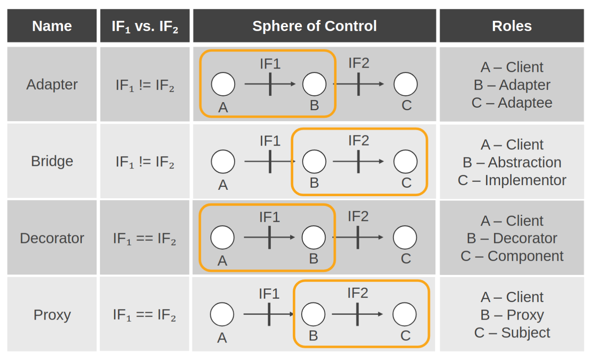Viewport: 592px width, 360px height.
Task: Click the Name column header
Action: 52,26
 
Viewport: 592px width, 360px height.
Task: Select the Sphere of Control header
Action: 315,26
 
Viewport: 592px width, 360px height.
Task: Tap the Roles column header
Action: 512,26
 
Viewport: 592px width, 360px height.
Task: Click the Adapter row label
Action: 52,84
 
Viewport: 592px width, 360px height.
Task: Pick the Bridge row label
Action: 52,161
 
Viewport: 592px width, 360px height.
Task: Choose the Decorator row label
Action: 52,238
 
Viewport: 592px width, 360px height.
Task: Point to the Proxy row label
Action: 52,315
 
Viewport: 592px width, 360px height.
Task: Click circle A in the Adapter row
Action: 223,84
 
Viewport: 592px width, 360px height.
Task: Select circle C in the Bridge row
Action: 405,162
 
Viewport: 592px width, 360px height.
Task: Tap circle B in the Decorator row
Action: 314,237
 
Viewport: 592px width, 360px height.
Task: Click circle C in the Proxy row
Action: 404,314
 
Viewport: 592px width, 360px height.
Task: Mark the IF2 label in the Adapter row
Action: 359,63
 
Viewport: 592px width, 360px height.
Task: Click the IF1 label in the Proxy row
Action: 269,294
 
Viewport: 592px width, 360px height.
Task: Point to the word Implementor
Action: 526,180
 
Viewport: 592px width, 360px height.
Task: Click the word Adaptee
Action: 525,103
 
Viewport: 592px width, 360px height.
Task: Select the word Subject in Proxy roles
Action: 526,332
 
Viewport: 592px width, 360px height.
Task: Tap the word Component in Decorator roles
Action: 525,256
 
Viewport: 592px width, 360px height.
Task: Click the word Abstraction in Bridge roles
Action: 524,162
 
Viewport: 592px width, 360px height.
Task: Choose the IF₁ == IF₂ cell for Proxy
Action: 144,315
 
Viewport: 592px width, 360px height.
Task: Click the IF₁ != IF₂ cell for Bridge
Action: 145,162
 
